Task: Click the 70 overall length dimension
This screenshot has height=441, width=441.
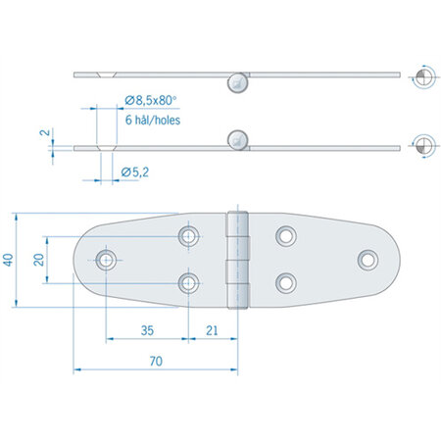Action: (x=155, y=361)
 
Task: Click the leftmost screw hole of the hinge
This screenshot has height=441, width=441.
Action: (x=106, y=259)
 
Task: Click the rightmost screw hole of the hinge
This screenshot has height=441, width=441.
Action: (x=367, y=259)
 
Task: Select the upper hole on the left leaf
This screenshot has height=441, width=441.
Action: (x=189, y=235)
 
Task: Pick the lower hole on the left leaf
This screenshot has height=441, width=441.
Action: (x=189, y=282)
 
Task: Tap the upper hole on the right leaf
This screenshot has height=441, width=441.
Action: (x=285, y=235)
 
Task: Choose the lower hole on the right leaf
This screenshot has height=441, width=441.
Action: (x=285, y=282)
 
